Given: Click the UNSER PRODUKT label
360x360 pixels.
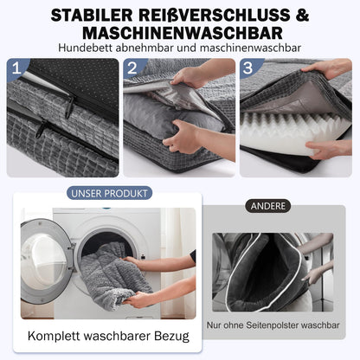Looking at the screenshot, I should (110, 193).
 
